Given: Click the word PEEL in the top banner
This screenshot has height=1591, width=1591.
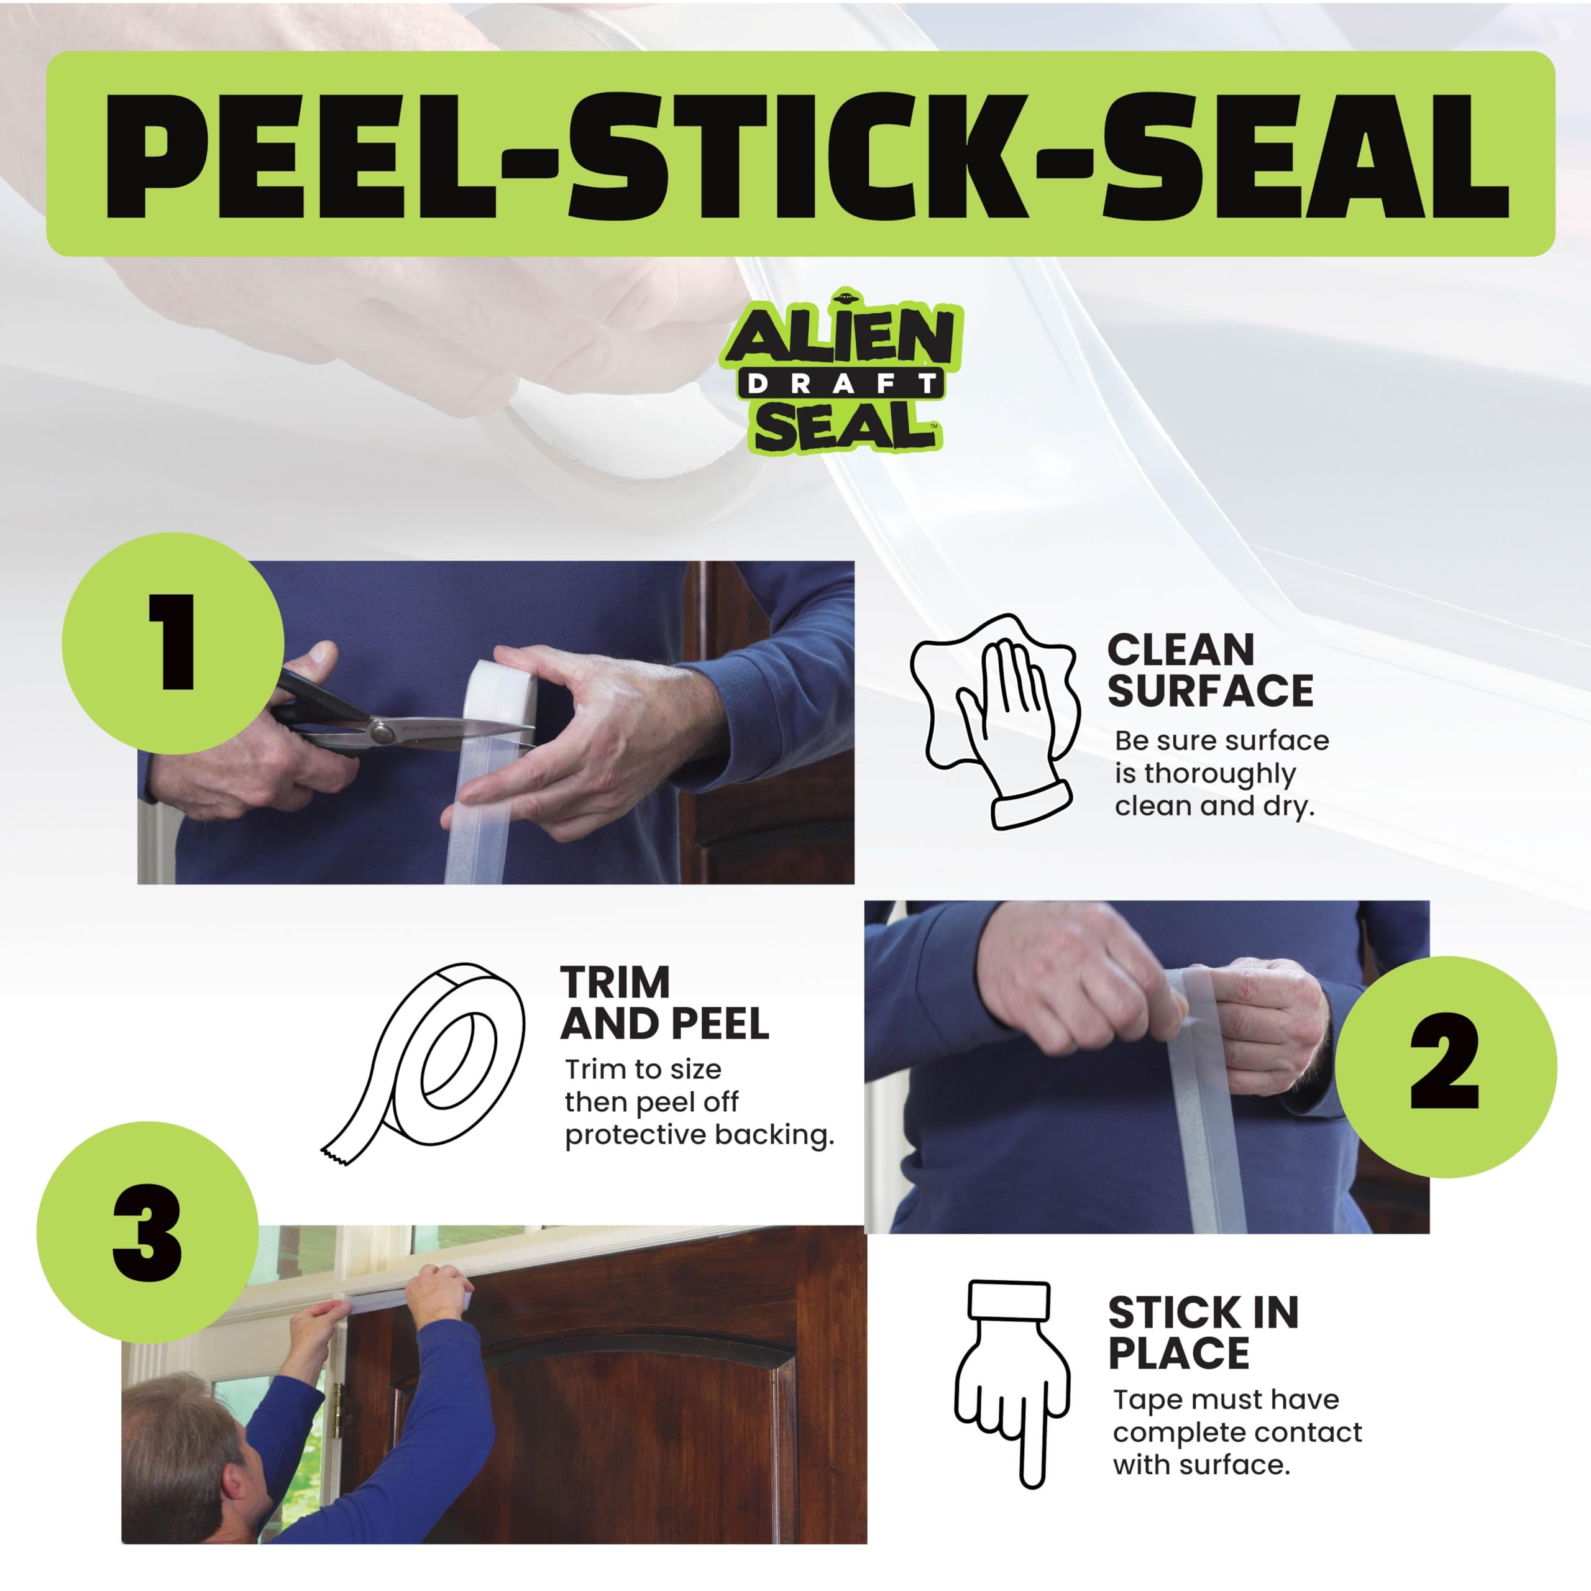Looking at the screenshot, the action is pyautogui.click(x=301, y=155).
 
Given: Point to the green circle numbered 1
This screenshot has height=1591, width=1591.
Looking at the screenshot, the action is pyautogui.click(x=173, y=643).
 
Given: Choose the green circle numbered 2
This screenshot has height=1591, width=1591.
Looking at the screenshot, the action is pyautogui.click(x=1446, y=1067).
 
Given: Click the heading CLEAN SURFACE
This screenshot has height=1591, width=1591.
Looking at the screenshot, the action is pyautogui.click(x=1210, y=671).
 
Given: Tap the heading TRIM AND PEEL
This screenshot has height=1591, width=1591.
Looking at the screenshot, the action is pyautogui.click(x=664, y=1003).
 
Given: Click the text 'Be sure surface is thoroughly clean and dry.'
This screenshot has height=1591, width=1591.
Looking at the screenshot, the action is pyautogui.click(x=1221, y=773).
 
